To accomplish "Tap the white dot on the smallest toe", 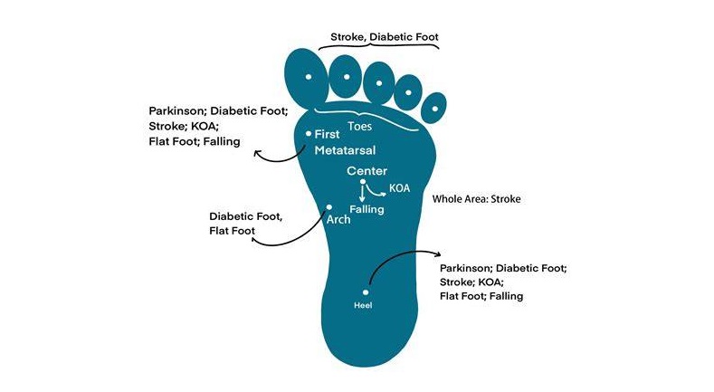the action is click(x=434, y=110).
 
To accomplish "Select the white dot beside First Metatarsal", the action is click(x=309, y=134).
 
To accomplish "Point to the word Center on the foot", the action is click(x=367, y=171).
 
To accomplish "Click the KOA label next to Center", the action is click(x=399, y=188).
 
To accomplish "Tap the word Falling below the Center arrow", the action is click(x=367, y=209).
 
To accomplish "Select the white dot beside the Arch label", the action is click(x=328, y=207).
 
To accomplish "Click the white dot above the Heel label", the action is click(x=366, y=292).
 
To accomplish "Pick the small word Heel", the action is click(x=362, y=305).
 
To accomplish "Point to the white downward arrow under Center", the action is click(x=363, y=192).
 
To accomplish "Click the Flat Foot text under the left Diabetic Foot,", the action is click(x=233, y=232).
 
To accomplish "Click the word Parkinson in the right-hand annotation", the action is click(x=467, y=269).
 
